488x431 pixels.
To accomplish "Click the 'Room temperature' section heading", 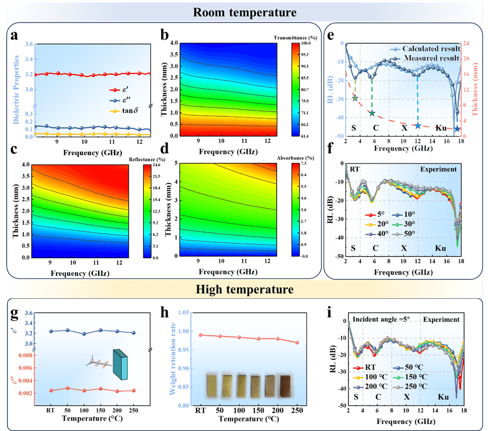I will click(x=245, y=12).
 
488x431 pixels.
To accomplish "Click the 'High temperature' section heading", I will click(x=245, y=289).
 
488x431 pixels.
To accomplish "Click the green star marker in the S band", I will click(x=355, y=98).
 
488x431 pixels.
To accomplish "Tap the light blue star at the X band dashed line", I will click(x=418, y=125).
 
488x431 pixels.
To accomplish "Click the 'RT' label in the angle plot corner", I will click(x=355, y=169).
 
